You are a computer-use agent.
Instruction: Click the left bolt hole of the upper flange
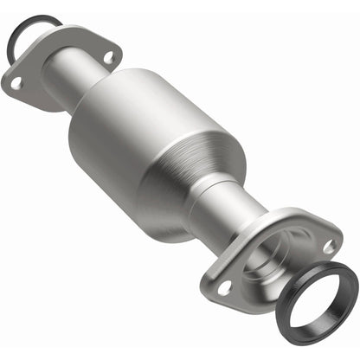(16, 82)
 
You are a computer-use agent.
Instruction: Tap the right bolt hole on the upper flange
(108, 57)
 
